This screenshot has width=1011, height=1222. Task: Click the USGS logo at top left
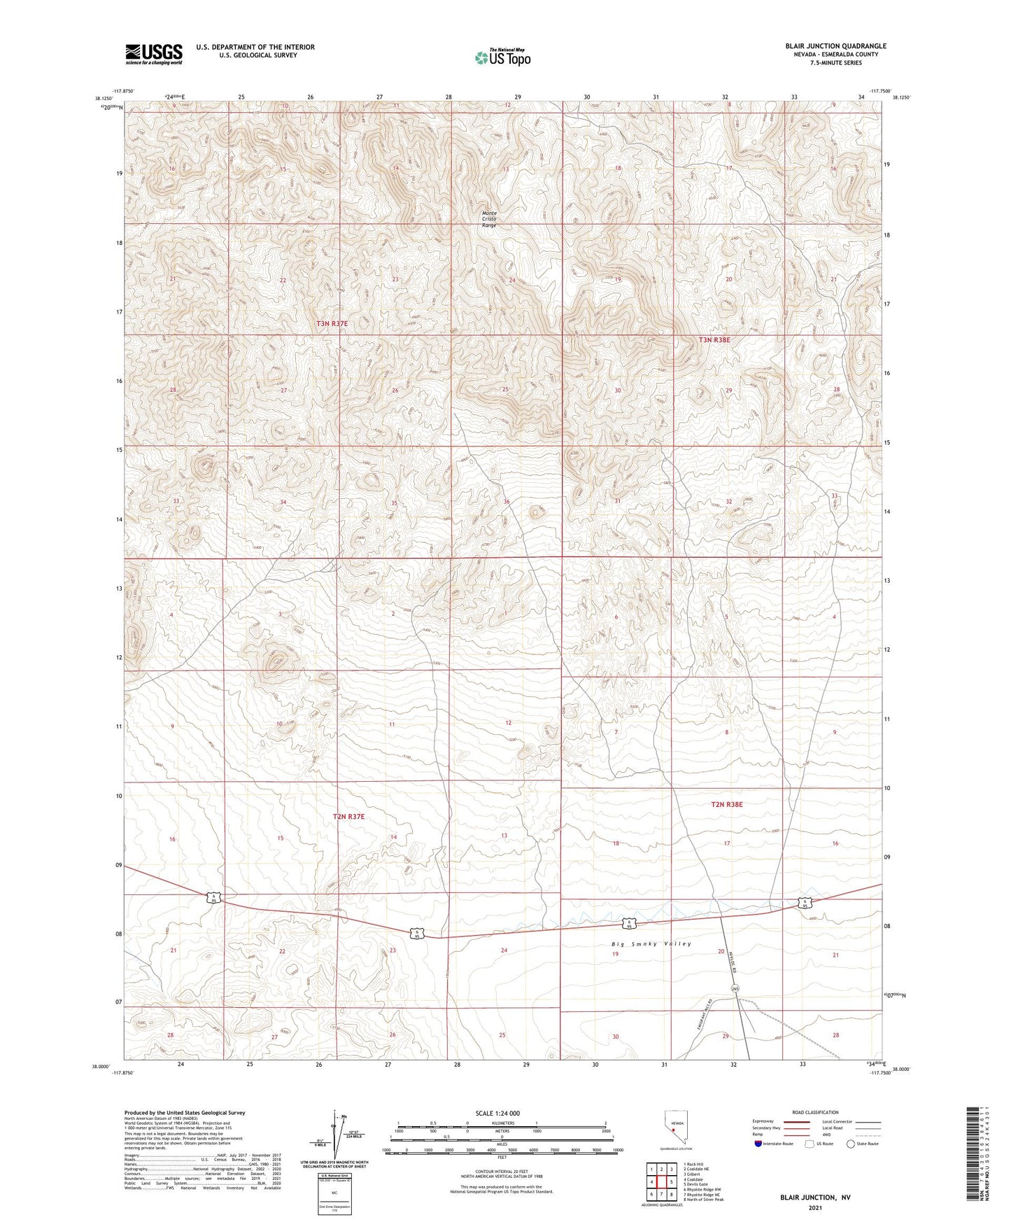pyautogui.click(x=154, y=54)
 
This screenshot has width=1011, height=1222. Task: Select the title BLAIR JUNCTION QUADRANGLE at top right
pyautogui.click(x=835, y=46)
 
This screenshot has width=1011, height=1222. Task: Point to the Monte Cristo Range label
pyautogui.click(x=489, y=219)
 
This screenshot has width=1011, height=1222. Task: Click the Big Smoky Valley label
pyautogui.click(x=651, y=944)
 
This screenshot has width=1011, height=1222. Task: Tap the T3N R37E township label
pyautogui.click(x=332, y=324)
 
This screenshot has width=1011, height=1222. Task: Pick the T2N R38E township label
pyautogui.click(x=726, y=805)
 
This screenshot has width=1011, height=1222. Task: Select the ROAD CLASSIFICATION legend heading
pyautogui.click(x=815, y=1112)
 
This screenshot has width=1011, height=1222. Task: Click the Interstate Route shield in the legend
pyautogui.click(x=758, y=1144)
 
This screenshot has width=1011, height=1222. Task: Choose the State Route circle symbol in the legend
pyautogui.click(x=851, y=1144)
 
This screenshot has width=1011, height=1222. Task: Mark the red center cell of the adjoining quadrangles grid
pyautogui.click(x=661, y=1181)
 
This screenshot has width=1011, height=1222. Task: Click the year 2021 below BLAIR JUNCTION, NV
pyautogui.click(x=814, y=1207)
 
